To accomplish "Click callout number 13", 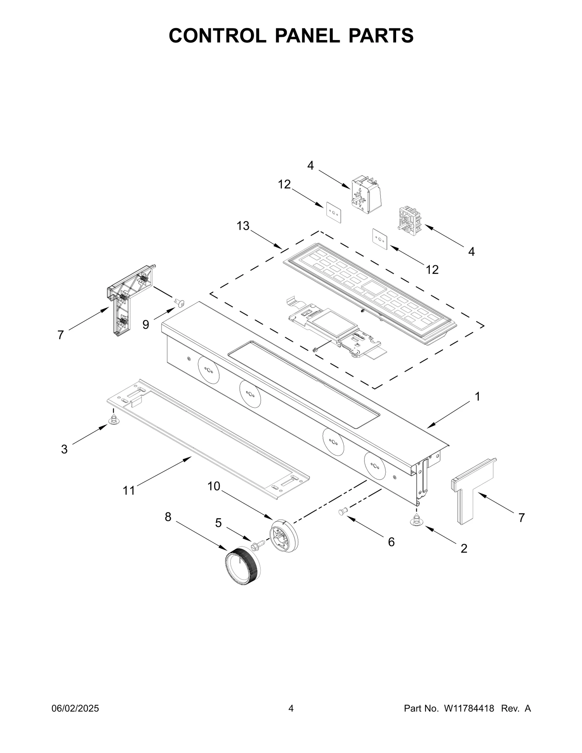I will (243, 226).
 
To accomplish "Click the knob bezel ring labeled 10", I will (284, 536).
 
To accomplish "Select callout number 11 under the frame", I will (129, 490).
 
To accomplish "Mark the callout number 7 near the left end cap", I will (61, 335).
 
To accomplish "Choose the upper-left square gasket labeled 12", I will (333, 212).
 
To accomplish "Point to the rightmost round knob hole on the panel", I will (375, 465).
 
